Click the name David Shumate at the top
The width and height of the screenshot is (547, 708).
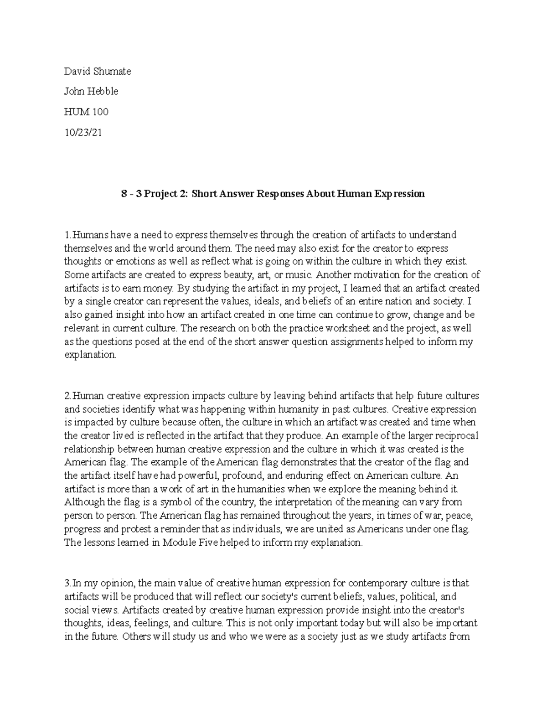click(97, 71)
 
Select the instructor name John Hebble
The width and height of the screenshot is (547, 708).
click(91, 91)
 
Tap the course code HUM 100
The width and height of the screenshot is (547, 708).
click(86, 111)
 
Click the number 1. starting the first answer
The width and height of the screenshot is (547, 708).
click(67, 235)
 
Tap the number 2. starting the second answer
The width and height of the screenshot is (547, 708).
click(68, 396)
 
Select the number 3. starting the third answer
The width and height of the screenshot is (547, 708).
click(67, 583)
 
